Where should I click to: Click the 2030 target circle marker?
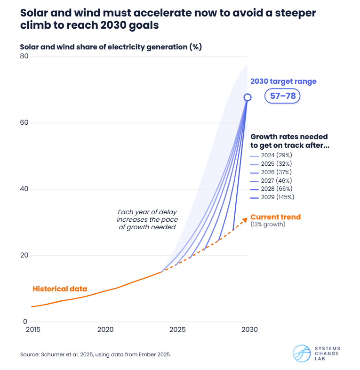pyautogui.click(x=247, y=97)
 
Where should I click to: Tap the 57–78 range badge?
pyautogui.click(x=282, y=97)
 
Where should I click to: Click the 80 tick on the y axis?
pyautogui.click(x=24, y=56)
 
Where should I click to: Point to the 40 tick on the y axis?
pyautogui.click(x=24, y=189)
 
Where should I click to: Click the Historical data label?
pyautogui.click(x=60, y=289)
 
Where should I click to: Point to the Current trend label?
pyautogui.click(x=275, y=217)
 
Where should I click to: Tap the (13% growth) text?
pyautogui.click(x=268, y=225)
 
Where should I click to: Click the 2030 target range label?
pyautogui.click(x=283, y=81)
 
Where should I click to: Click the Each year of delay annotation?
pyautogui.click(x=146, y=219)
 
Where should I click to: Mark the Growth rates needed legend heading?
pyautogui.click(x=289, y=141)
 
